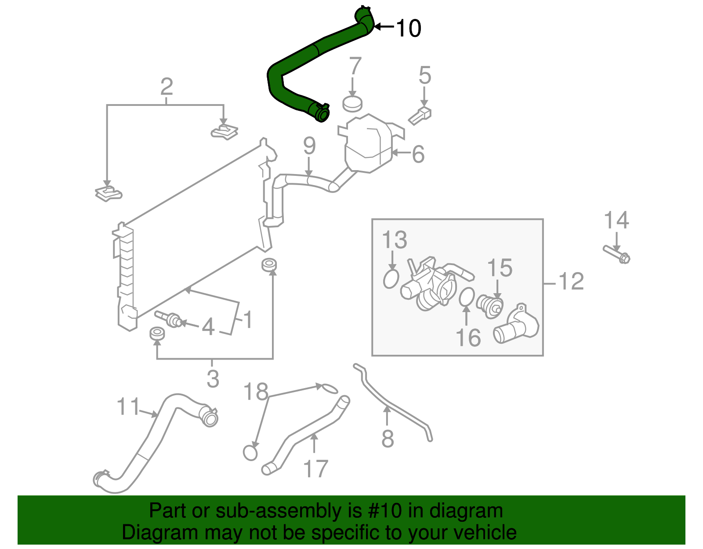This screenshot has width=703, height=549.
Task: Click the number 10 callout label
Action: [409, 28]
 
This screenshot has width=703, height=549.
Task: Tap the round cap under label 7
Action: [352, 104]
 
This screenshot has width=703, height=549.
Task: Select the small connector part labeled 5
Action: [420, 116]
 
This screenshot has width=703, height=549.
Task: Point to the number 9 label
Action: [309, 146]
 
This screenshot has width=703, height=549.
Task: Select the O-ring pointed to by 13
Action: [391, 279]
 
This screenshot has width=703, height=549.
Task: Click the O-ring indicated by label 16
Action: [467, 297]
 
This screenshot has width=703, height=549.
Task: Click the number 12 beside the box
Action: [571, 282]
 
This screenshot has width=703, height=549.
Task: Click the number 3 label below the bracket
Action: [213, 379]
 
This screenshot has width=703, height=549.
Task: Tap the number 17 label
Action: [315, 469]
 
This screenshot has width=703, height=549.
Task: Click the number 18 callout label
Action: [256, 391]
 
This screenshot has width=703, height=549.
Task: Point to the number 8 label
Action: [387, 439]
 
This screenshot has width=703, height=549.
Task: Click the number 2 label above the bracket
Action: [167, 87]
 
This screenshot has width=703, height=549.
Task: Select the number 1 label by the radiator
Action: [248, 320]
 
